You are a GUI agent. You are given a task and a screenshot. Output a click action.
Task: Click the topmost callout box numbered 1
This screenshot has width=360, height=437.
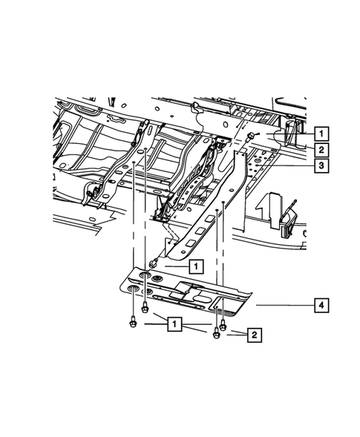[320, 134]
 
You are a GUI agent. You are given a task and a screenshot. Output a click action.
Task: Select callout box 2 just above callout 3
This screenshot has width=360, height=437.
[320, 150]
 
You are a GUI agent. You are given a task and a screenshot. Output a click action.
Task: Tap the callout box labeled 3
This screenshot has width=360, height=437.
[320, 166]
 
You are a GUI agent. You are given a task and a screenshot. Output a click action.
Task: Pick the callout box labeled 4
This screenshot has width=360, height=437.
[320, 304]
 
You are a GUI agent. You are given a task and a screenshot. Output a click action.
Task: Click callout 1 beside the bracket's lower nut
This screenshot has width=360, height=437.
[194, 265]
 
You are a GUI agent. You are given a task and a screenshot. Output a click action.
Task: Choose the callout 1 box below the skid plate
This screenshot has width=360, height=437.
[174, 324]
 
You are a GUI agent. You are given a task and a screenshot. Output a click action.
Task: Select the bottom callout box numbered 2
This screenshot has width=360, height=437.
[254, 335]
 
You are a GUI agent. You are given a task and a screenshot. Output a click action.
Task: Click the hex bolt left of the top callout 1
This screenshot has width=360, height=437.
[254, 135]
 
